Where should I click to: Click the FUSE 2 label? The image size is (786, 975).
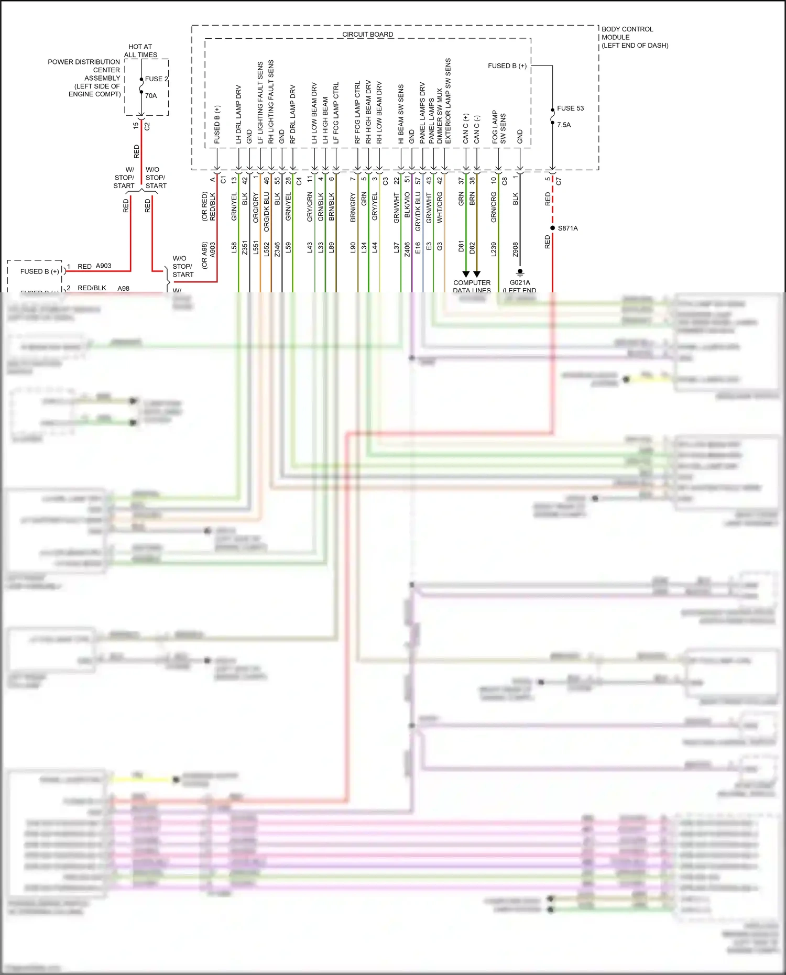point(156,79)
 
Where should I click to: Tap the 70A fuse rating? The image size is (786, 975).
point(151,96)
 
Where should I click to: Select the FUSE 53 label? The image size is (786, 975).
point(570,108)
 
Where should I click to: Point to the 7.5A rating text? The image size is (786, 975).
point(564,125)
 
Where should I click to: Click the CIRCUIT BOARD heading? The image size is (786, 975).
point(367,35)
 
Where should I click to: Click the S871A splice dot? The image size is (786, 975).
point(552,228)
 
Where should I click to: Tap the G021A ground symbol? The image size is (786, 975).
point(520,273)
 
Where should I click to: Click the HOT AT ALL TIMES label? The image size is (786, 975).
point(140,51)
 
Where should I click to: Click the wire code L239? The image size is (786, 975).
point(494,248)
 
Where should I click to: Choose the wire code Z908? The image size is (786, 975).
point(516,249)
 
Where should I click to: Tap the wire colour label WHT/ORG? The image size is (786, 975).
point(440,207)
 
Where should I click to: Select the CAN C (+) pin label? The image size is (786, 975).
point(466,129)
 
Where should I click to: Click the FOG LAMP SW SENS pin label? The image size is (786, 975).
point(499,127)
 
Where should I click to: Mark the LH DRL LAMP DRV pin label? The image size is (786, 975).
point(238,114)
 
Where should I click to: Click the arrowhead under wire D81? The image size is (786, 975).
point(466,274)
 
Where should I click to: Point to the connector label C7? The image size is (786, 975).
point(559,181)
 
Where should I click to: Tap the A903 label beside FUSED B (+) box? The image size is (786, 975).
point(103,266)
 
